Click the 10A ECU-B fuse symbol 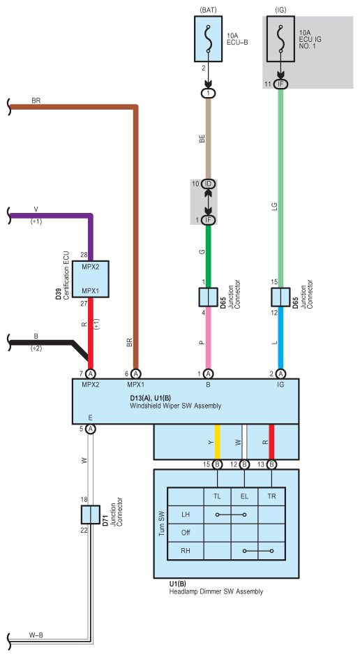tap(208, 39)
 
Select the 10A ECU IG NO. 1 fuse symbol tap(280, 39)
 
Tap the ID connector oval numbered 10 tap(208, 184)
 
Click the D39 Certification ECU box tap(91, 279)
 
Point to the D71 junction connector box tap(91, 515)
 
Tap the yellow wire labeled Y tap(217, 442)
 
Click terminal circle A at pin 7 tap(91, 374)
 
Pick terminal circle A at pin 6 tap(135, 374)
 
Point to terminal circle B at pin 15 tap(217, 464)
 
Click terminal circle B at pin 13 tap(272, 464)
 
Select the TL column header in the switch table tap(217, 496)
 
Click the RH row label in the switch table tap(186, 551)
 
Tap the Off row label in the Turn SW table tap(186, 533)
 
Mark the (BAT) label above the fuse tap(208, 10)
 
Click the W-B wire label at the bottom tap(36, 635)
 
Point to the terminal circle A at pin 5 tap(91, 429)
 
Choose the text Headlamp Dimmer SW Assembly tap(216, 591)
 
